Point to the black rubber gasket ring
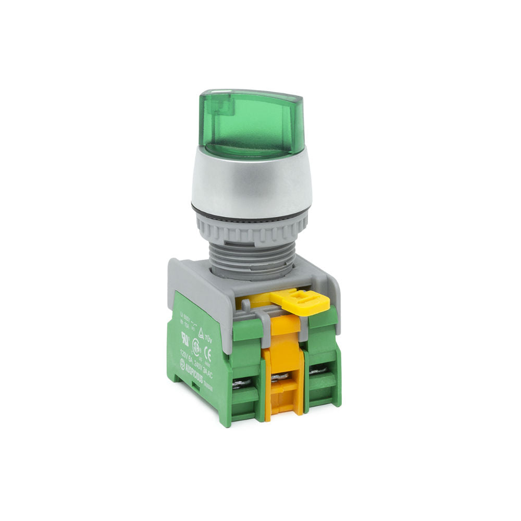tap(250, 211)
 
